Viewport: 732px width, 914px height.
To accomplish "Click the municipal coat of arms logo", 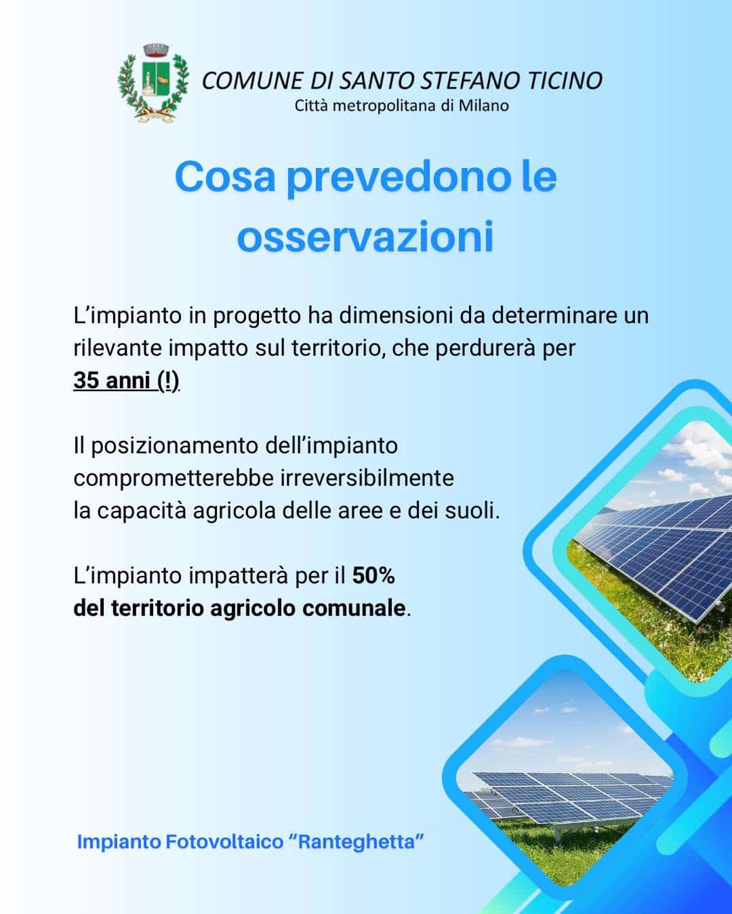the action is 153,83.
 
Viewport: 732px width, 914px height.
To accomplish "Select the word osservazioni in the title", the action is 365,236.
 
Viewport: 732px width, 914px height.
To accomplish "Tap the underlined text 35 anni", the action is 112,380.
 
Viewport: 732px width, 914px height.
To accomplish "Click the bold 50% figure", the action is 374,576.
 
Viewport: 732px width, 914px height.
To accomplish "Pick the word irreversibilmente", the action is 367,478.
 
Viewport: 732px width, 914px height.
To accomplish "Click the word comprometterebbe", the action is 174,478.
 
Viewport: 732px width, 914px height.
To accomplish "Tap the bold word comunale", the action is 354,608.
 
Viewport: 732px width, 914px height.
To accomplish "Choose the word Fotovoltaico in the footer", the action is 224,842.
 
